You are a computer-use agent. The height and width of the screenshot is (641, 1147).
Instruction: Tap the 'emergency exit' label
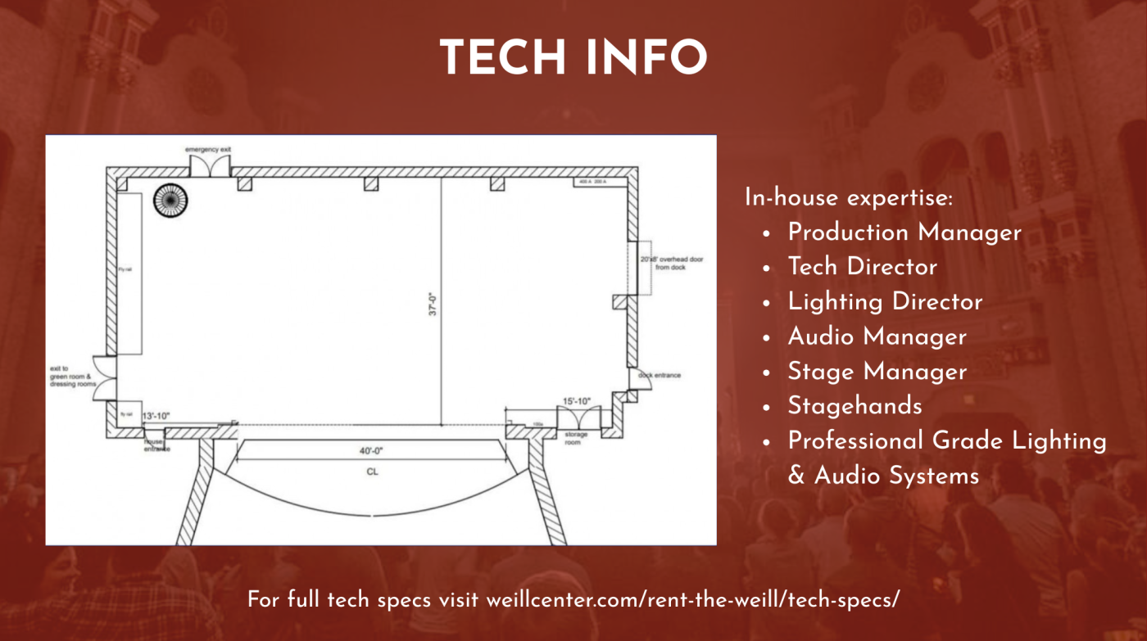click(x=208, y=150)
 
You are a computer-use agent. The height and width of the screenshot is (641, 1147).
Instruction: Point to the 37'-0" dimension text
click(x=433, y=304)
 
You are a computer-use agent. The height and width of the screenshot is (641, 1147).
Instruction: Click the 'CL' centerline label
click(x=372, y=472)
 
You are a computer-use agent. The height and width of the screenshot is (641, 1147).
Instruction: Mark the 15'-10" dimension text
click(x=576, y=402)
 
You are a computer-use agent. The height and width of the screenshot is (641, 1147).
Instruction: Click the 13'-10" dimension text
click(x=156, y=417)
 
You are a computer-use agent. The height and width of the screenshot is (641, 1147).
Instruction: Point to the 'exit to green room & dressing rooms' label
click(x=73, y=377)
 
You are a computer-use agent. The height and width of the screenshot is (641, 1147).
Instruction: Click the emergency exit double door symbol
click(x=208, y=166)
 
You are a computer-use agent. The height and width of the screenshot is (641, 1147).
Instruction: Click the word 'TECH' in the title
click(x=495, y=57)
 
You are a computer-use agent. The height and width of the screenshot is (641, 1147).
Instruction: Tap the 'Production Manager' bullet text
click(x=904, y=232)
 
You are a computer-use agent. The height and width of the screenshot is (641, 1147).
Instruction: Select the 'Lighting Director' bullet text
click(x=885, y=302)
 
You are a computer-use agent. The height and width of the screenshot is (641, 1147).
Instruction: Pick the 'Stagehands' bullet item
click(x=855, y=406)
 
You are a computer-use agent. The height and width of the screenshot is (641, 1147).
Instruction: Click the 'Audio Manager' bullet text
click(x=877, y=336)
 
